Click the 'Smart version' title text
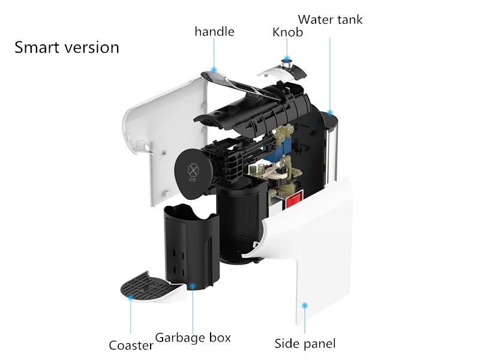tap(67, 47)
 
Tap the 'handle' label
tap(214, 31)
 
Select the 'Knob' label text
tap(287, 32)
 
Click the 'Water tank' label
tap(330, 19)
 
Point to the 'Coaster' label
tap(131, 345)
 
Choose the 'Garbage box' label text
tap(193, 337)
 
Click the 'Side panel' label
tap(305, 344)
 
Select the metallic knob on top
tap(288, 62)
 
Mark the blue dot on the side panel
tap(305, 305)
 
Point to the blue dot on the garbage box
tap(193, 286)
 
